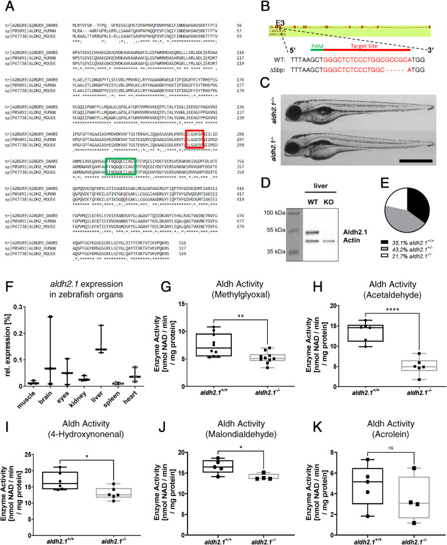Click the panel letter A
point(6,6)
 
